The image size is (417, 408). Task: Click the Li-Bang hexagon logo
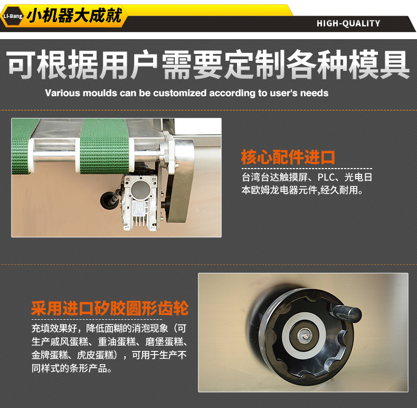coord(13,16)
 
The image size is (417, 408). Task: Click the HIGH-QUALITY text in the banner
coord(348,23)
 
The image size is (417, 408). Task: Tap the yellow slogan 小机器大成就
coord(74,16)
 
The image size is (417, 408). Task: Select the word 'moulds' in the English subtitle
coord(100,93)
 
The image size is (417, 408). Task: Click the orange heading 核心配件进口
coord(288,157)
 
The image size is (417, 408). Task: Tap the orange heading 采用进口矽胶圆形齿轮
coord(110,308)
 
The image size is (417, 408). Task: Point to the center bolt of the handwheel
coord(306,336)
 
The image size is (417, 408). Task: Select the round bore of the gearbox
coord(140,189)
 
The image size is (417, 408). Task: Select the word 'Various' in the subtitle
coord(62,93)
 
